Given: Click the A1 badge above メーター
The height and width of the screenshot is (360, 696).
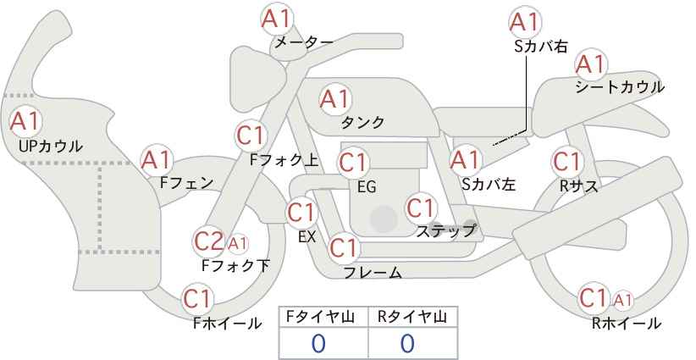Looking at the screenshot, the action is coord(277,19).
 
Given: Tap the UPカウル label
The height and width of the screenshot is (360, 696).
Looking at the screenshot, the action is coord(50,147).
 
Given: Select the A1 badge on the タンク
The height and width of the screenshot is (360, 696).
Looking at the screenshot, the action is coord(335,99).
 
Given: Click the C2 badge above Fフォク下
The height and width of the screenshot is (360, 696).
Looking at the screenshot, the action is coord(208,241).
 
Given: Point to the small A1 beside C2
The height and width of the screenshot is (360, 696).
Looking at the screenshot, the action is coord(237,243).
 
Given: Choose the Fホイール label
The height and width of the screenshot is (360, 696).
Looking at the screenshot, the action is coord(227,324).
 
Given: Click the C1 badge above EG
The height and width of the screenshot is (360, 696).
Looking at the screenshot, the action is coord(353,163).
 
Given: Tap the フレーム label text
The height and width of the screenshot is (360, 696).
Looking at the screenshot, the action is coord(373,273).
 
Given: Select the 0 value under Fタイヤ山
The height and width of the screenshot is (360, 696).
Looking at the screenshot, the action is coord(318,344).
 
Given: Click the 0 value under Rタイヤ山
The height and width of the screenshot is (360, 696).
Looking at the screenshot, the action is coord(407,344).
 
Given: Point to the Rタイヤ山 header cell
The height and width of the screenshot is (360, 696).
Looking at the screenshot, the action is coord(413,318).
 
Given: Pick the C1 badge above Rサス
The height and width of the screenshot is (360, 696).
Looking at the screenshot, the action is coord(566,162).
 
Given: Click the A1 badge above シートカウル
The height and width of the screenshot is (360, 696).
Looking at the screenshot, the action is coord(591,65).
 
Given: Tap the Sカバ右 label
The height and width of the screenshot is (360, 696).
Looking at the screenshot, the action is coord(541,47).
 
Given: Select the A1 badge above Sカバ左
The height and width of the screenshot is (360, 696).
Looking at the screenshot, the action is coord(465,160).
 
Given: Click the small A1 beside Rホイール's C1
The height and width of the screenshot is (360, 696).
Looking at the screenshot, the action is coord(623,301).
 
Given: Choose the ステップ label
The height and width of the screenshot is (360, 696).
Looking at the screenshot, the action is coord(445,231).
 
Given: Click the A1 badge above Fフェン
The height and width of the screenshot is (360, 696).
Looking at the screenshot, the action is coord(156,160).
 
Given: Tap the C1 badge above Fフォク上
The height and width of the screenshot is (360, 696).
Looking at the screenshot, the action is coord(251,136).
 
